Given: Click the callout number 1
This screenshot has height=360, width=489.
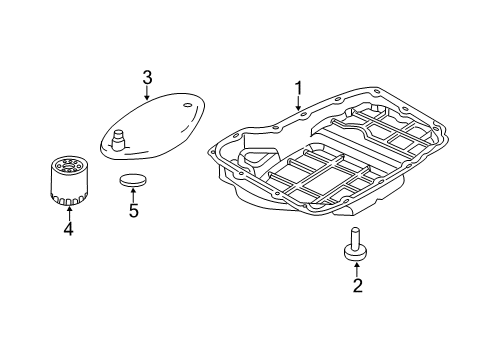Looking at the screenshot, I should (x=298, y=93).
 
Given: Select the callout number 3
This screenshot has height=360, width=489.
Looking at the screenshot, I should (x=147, y=76).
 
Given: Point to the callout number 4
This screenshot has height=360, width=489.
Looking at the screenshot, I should (x=67, y=229).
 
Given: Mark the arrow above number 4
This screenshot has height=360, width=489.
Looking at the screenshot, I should (x=67, y=212).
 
